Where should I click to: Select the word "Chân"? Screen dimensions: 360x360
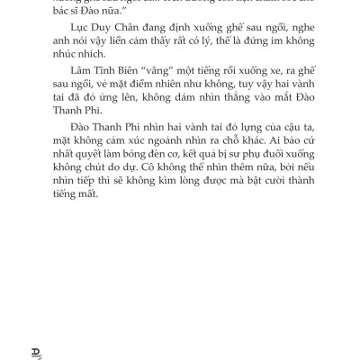coord(122,41)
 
